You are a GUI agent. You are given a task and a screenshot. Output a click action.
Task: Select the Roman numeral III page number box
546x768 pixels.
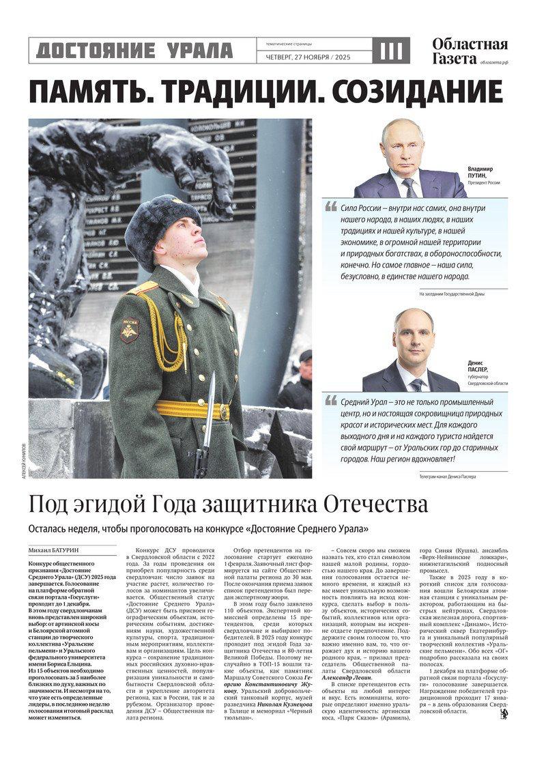392,51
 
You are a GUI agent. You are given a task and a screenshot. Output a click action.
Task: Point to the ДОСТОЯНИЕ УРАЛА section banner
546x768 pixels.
134,51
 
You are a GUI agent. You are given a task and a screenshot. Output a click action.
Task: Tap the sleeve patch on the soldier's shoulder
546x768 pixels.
129,330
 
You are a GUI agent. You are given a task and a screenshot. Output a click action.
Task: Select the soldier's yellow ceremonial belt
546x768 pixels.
191,410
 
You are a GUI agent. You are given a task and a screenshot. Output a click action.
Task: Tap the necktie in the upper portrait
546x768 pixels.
409,186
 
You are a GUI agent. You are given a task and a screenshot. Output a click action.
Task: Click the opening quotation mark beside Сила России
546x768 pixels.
331,206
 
